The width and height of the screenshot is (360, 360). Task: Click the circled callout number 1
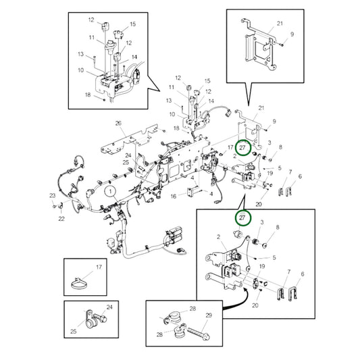(x=111, y=191)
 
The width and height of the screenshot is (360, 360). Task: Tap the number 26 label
(x=118, y=124)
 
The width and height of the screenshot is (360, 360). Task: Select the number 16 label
(x=174, y=197)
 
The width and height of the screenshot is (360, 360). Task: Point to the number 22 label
(x=61, y=219)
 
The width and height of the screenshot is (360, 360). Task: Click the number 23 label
(x=53, y=196)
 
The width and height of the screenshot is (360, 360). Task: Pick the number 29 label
(x=209, y=315)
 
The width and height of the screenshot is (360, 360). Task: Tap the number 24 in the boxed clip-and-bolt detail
(x=109, y=307)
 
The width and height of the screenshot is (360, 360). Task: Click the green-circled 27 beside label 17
(x=242, y=148)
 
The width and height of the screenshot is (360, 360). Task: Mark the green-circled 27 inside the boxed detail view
(x=242, y=217)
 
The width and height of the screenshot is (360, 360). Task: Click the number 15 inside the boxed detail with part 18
(x=133, y=24)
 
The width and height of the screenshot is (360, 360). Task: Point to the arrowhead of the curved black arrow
(x=246, y=291)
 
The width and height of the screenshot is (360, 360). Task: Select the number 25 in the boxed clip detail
(x=74, y=332)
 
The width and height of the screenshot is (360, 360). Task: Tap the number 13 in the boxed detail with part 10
(x=80, y=54)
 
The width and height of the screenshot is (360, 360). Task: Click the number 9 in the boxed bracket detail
(x=292, y=34)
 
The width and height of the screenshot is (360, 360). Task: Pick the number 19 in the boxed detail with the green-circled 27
(x=262, y=266)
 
